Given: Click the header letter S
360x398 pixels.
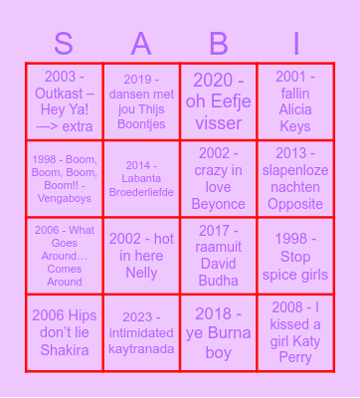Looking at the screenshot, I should [x=65, y=44].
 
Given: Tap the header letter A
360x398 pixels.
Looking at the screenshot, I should [x=141, y=44].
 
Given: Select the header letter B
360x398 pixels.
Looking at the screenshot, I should [x=218, y=44].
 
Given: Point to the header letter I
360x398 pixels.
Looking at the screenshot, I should [x=295, y=44].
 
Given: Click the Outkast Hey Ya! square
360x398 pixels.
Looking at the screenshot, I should [x=65, y=101].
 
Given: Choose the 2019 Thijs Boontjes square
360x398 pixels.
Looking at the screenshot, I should [x=141, y=101].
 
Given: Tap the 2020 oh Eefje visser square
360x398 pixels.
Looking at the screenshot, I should [x=218, y=101].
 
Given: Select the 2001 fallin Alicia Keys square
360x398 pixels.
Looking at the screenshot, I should [x=295, y=101].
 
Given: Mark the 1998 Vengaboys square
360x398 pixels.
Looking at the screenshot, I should [x=65, y=178].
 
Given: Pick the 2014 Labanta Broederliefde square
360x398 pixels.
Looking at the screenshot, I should [x=141, y=178].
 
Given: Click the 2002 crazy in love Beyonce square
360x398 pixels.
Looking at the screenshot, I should [x=218, y=178].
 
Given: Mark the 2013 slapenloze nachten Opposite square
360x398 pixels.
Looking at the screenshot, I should [x=295, y=178].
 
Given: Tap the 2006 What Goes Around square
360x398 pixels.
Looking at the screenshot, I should [x=65, y=256].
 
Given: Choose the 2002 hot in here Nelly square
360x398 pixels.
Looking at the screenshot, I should [x=141, y=256].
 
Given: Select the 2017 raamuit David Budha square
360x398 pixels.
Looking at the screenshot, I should [x=218, y=256].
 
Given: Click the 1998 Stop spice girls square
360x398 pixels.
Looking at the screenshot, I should [x=295, y=256].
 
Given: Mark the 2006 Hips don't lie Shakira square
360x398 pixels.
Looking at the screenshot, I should [x=65, y=332].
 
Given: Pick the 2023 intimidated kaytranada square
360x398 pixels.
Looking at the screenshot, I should [x=141, y=332].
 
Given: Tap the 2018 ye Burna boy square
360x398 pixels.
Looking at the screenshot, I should [x=218, y=332].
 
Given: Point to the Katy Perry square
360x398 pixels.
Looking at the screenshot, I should [x=295, y=332].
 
